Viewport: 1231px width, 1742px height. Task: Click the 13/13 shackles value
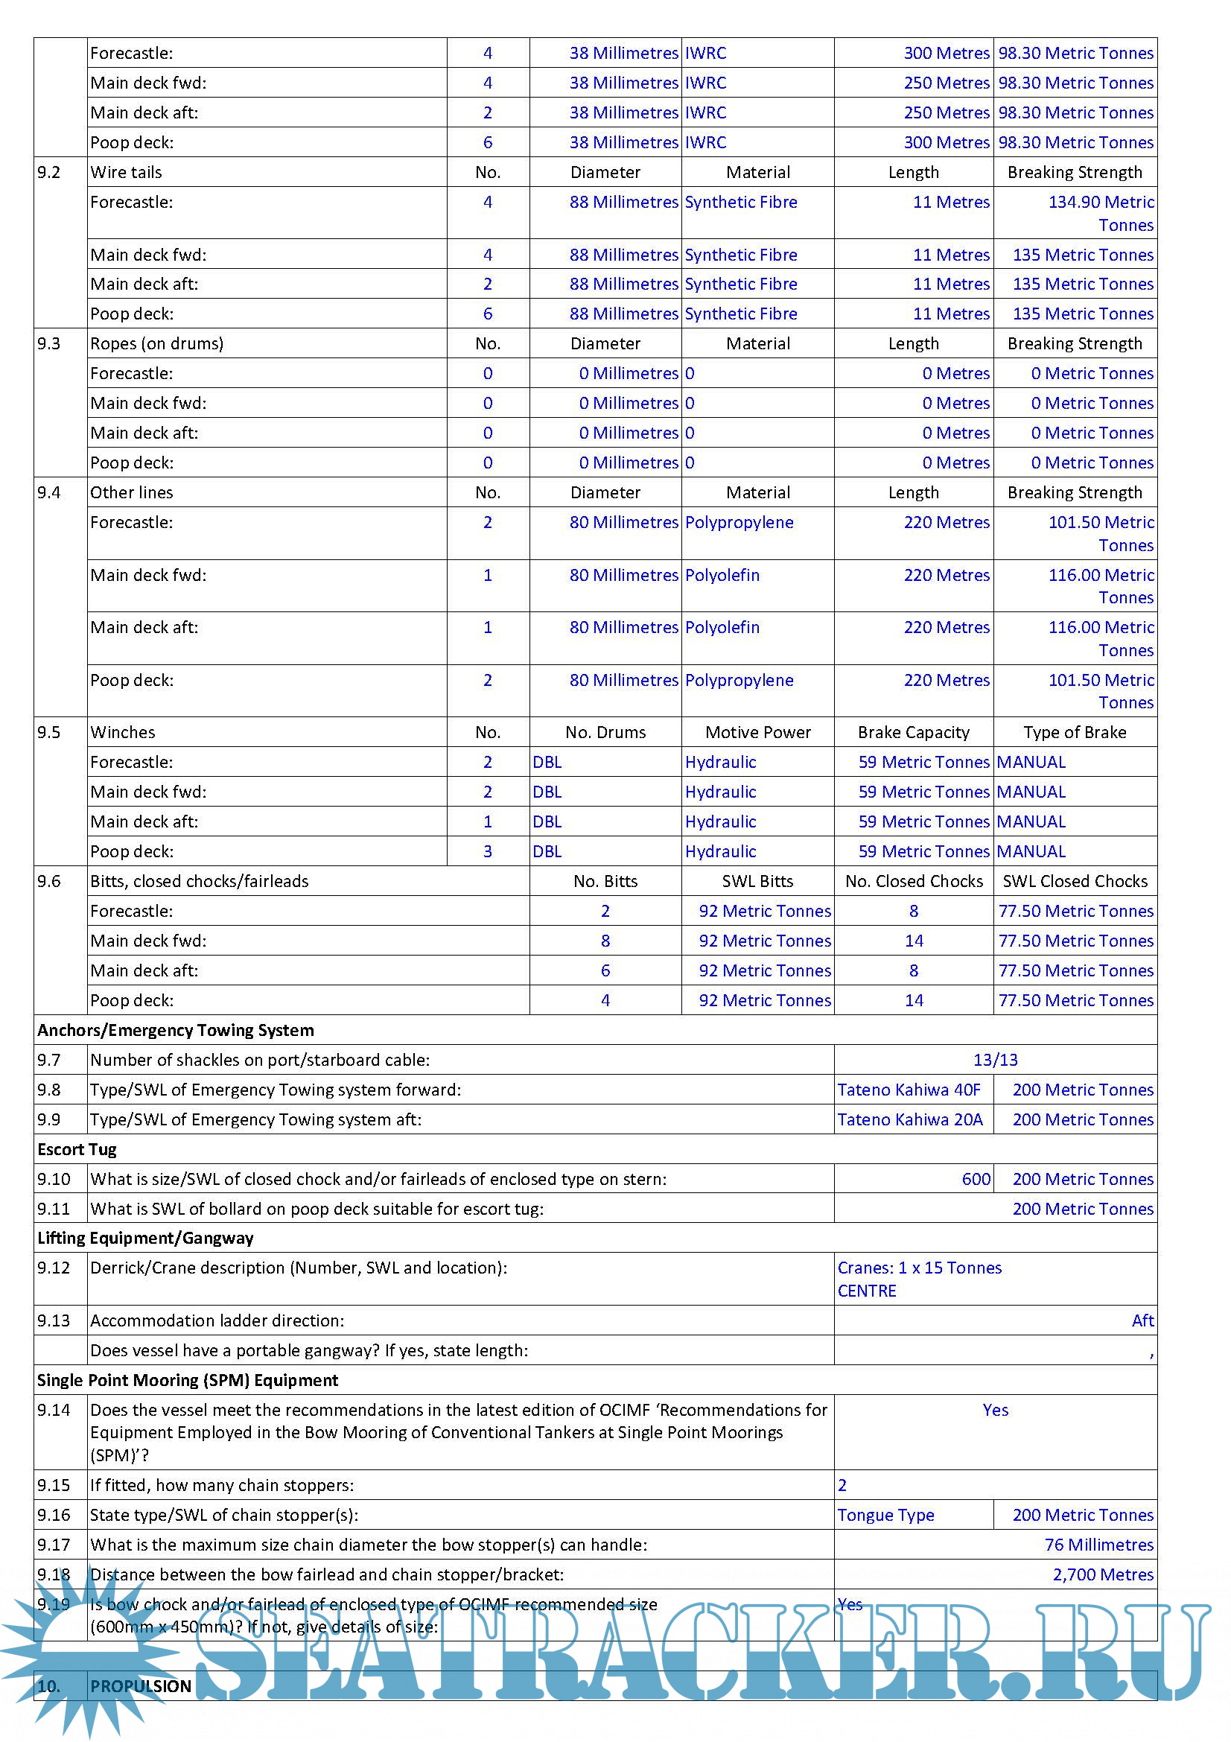(994, 1059)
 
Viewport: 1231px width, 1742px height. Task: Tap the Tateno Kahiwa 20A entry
(909, 1119)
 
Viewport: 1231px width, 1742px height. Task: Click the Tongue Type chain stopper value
(885, 1514)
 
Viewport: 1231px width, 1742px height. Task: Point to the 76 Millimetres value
(1098, 1544)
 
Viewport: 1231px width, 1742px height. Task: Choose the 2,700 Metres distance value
(1102, 1574)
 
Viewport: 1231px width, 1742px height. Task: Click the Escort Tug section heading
(77, 1148)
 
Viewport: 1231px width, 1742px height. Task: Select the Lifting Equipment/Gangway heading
(145, 1238)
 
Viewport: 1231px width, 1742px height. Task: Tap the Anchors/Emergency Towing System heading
(175, 1029)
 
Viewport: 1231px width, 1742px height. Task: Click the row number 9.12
(53, 1268)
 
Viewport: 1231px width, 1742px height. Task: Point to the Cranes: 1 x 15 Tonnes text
(918, 1268)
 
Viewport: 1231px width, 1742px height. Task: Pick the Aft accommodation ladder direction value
(1142, 1320)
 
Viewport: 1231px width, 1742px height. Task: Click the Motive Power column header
(757, 732)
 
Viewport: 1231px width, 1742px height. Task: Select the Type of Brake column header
(1074, 732)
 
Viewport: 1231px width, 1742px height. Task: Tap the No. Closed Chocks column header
(913, 881)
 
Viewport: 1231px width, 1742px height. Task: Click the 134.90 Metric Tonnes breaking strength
(1101, 213)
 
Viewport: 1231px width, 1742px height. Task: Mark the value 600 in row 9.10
(976, 1179)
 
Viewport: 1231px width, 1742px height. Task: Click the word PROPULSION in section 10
(140, 1686)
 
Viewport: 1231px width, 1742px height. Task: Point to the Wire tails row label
(126, 172)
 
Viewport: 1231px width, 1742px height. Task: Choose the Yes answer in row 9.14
(994, 1410)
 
